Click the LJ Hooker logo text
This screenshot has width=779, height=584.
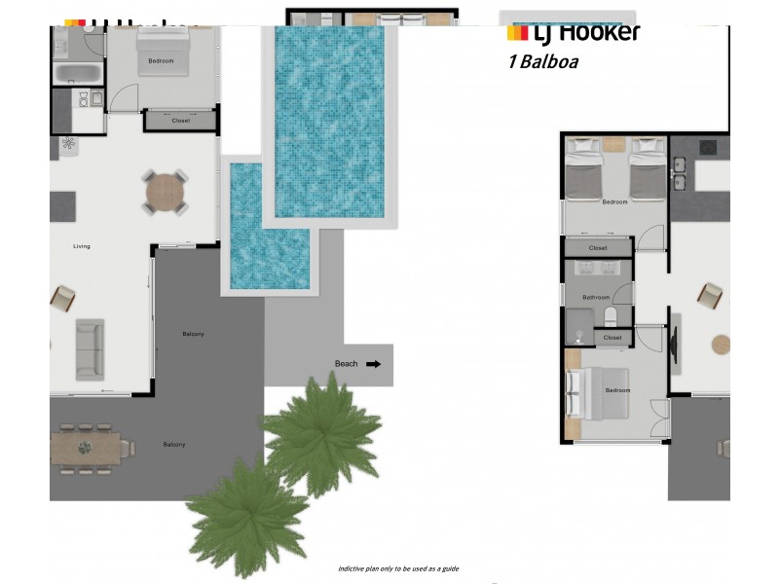pyautogui.click(x=574, y=32)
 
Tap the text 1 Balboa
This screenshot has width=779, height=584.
pyautogui.click(x=543, y=62)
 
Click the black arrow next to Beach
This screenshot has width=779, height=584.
pyautogui.click(x=374, y=364)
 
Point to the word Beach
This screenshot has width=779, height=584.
pyautogui.click(x=346, y=364)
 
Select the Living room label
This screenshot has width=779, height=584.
pyautogui.click(x=82, y=246)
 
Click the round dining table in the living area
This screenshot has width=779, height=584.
pyautogui.click(x=165, y=193)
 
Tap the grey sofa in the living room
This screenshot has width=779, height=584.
pyautogui.click(x=90, y=348)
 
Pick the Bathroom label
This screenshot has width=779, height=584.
pyautogui.click(x=595, y=297)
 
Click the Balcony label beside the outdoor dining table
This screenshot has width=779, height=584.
pyautogui.click(x=174, y=445)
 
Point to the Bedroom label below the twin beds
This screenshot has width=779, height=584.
pyautogui.click(x=614, y=202)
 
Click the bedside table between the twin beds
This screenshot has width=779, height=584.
pyautogui.click(x=614, y=145)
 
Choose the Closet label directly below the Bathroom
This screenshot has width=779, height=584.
pyautogui.click(x=612, y=338)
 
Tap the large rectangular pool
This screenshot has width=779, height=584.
pyautogui.click(x=330, y=122)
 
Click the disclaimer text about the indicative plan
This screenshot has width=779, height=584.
pyautogui.click(x=398, y=568)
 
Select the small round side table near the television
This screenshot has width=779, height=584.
pyautogui.click(x=721, y=344)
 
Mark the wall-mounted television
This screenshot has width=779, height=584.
pyautogui.click(x=674, y=343)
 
